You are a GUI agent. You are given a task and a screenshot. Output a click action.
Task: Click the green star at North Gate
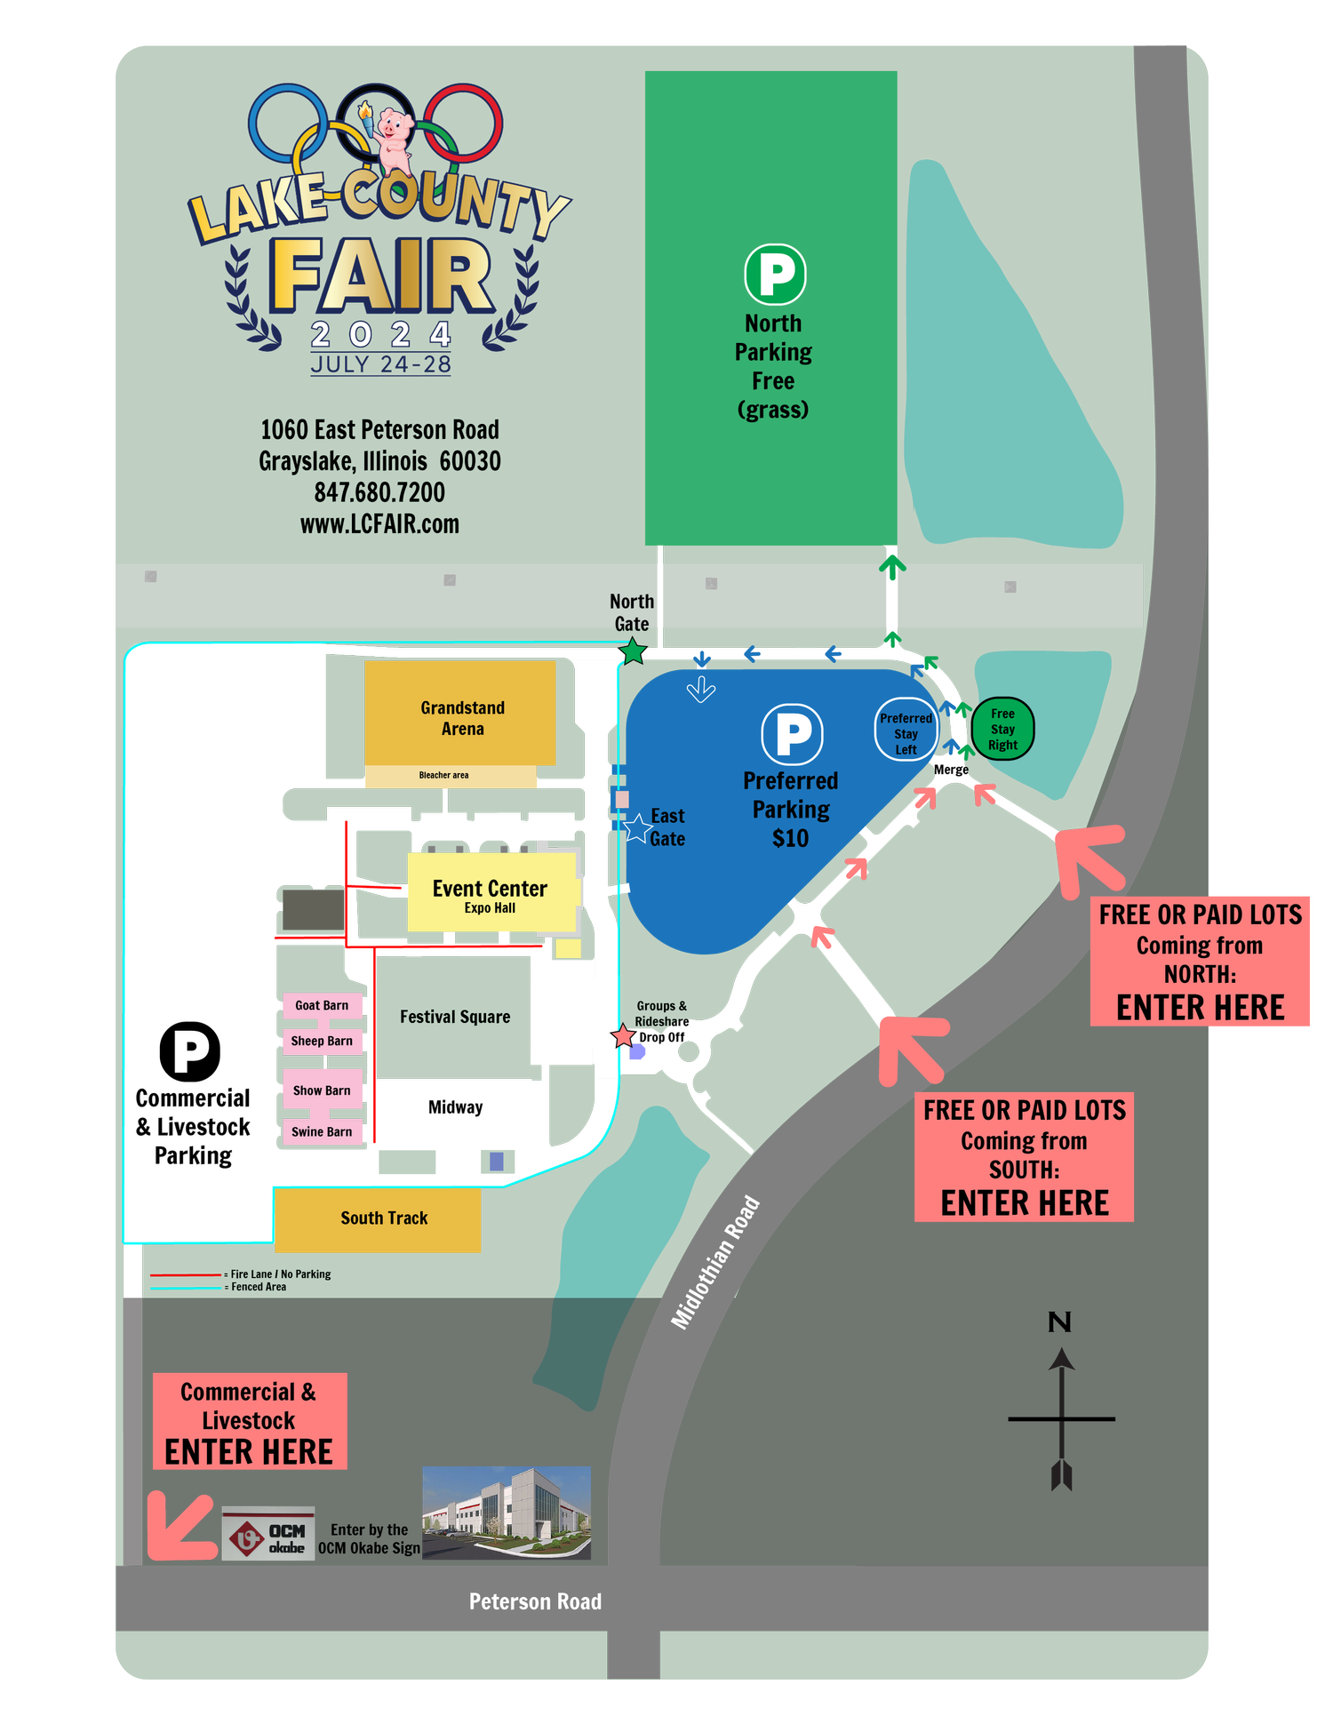pos(632,652)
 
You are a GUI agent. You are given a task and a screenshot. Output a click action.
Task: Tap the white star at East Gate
pos(637,828)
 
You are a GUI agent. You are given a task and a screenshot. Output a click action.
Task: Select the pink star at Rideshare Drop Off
pos(623,1036)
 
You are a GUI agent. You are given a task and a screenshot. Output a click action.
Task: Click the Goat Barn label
pos(322,1005)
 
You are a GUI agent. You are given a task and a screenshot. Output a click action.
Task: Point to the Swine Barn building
pos(322,1131)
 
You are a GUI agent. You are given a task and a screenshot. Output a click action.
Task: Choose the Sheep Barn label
pos(322,1041)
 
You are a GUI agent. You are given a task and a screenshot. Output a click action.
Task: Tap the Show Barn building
pos(322,1090)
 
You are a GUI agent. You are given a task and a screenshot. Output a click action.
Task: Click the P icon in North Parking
pos(775,275)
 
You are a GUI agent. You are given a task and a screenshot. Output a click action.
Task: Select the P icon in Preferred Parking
pos(792,734)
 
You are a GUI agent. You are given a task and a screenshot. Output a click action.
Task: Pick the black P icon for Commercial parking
pos(190,1051)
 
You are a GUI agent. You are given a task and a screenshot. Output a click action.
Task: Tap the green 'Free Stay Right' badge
pos(1002,729)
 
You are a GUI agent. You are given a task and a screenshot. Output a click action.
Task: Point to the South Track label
pos(384,1218)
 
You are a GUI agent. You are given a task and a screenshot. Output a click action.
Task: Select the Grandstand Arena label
pos(463,718)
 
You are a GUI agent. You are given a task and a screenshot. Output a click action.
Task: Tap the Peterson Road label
pos(535,1601)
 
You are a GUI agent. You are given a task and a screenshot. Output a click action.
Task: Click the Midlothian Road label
pos(715,1263)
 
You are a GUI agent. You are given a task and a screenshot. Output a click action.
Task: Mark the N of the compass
pos(1059,1322)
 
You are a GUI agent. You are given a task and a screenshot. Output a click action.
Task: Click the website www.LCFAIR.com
pos(379,524)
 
